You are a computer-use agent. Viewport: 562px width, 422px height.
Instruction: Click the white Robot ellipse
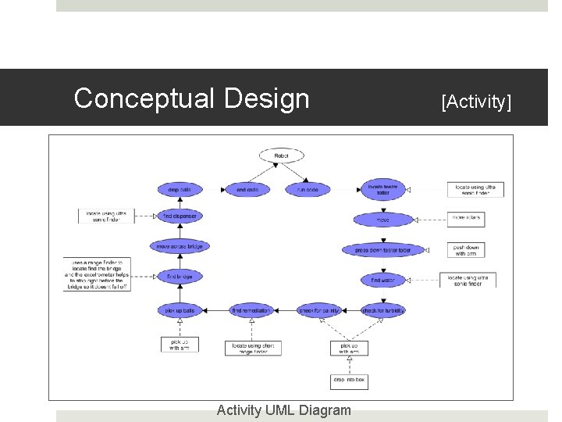coord(281,156)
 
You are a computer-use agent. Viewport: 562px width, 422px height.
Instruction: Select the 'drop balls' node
coord(180,189)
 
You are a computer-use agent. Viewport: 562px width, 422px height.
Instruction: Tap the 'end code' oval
coord(247,189)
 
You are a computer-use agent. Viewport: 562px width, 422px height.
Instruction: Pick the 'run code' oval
coord(308,189)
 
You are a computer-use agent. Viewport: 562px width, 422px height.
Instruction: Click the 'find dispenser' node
coord(180,216)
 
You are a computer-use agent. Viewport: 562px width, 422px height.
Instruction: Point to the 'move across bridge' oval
coord(180,246)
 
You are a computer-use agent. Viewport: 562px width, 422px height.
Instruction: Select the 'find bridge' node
coord(180,277)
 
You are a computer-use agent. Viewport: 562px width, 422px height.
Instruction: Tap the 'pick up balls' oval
coord(180,310)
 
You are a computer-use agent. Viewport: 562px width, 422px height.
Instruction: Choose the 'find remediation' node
coord(251,310)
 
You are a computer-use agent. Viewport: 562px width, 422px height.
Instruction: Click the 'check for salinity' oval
coord(319,310)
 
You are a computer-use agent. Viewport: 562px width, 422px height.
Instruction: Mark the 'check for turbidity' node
coord(383,310)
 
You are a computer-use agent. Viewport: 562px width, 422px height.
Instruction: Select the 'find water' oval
coord(383,280)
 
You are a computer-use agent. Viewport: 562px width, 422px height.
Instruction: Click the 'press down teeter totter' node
coord(383,250)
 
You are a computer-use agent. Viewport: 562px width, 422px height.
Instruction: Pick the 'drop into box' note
coord(349,381)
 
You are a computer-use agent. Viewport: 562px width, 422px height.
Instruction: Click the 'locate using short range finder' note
coord(253,348)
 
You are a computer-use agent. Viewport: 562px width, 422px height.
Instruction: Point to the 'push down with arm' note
coord(466,249)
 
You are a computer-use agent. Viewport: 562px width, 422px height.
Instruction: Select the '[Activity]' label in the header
coord(476,101)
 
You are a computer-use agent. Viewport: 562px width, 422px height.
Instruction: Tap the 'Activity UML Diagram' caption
coord(283,410)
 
